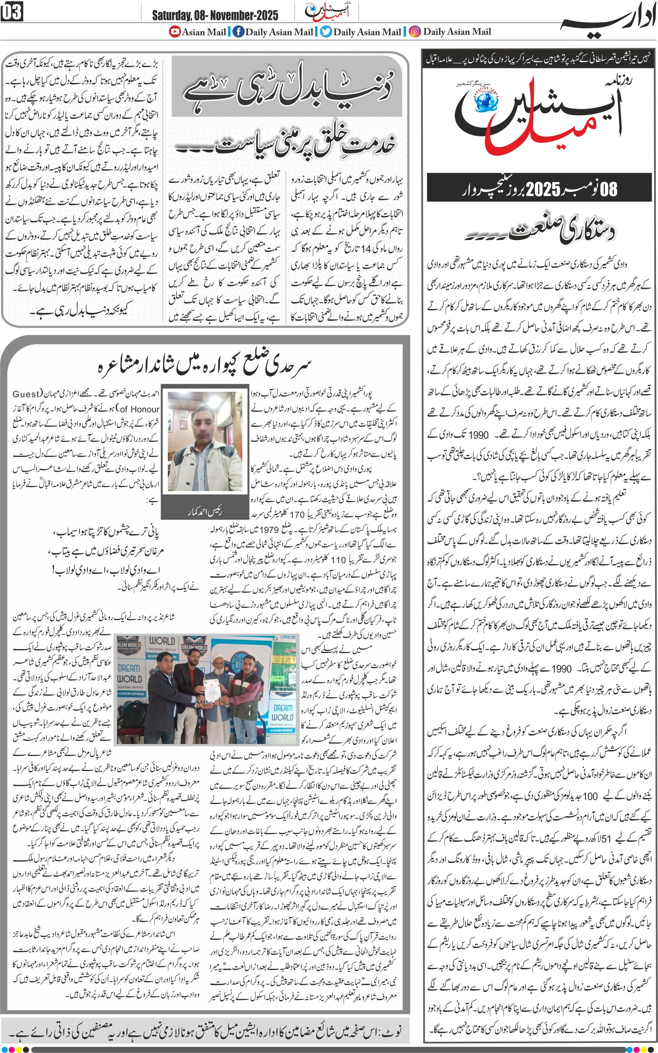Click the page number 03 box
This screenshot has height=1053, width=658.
12,12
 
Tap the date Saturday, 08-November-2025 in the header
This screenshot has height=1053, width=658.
215,16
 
